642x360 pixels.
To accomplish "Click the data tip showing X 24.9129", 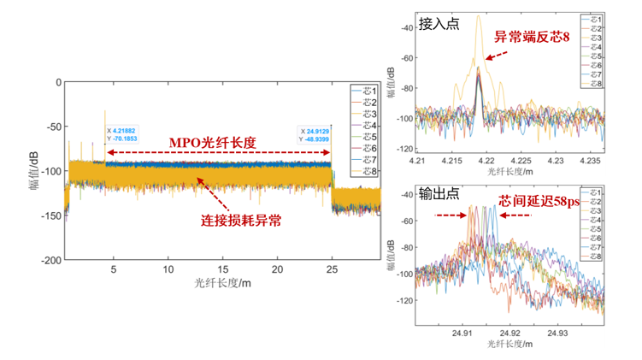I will [x=320, y=135].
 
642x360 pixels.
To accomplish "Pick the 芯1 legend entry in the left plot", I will [x=366, y=89].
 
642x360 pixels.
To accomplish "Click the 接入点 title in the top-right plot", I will [x=439, y=24].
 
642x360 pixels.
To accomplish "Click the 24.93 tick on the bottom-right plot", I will [x=558, y=332].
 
